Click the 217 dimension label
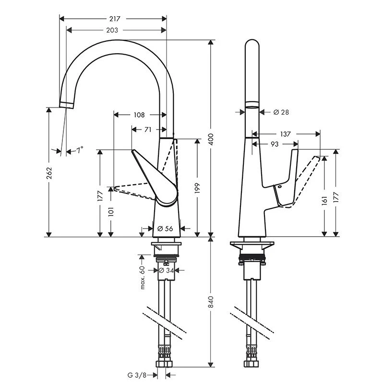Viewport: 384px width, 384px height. point(114,19)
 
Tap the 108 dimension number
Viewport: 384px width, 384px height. point(139,115)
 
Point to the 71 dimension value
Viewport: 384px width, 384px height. point(148,130)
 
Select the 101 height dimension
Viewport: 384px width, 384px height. point(111,212)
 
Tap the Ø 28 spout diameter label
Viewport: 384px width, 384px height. point(281,112)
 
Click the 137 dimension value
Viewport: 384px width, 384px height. point(285,134)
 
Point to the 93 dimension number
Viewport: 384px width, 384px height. point(275,144)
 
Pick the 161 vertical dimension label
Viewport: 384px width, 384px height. point(324,200)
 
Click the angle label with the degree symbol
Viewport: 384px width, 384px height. point(79,150)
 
